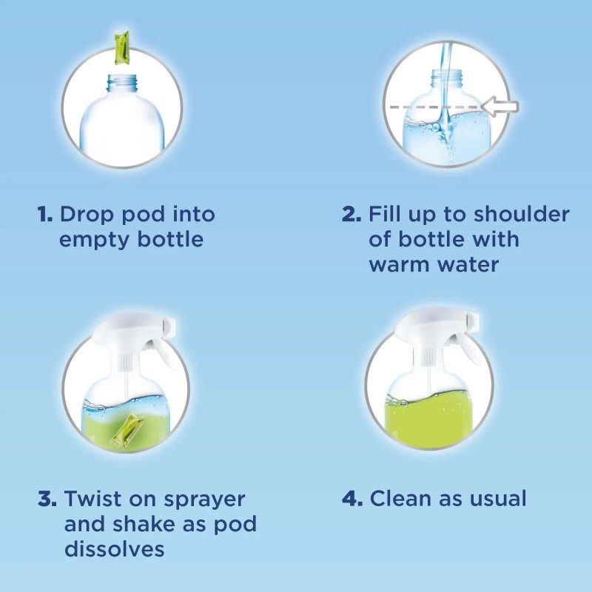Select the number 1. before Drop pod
click(x=44, y=215)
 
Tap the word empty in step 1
click(x=91, y=240)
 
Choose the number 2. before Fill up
click(x=351, y=215)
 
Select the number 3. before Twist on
click(x=47, y=498)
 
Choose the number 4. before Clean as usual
click(x=352, y=498)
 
